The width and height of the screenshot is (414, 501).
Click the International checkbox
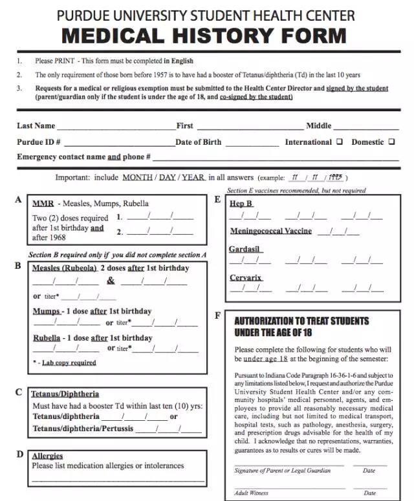pyautogui.click(x=339, y=142)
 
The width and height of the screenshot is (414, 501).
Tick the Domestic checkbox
pyautogui.click(x=391, y=142)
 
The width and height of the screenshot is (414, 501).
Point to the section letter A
pyautogui.click(x=18, y=200)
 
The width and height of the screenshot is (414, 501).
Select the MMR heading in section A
pyautogui.click(x=43, y=203)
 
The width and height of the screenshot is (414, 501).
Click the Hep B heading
pyautogui.click(x=241, y=203)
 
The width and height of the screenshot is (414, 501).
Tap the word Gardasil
pyautogui.click(x=245, y=249)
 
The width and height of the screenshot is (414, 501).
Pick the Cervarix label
pyautogui.click(x=246, y=277)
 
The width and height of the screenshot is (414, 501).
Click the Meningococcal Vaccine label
pyautogui.click(x=271, y=231)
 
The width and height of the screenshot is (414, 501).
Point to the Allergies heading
pyautogui.click(x=47, y=456)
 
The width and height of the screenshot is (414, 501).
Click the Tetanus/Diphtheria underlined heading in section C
pyautogui.click(x=65, y=394)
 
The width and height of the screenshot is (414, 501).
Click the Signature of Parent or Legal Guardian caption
pyautogui.click(x=282, y=471)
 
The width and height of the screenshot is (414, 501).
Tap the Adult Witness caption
pyautogui.click(x=252, y=493)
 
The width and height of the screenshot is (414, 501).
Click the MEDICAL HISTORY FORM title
pyautogui.click(x=204, y=35)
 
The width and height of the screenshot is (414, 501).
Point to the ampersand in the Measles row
pyautogui.click(x=111, y=281)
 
